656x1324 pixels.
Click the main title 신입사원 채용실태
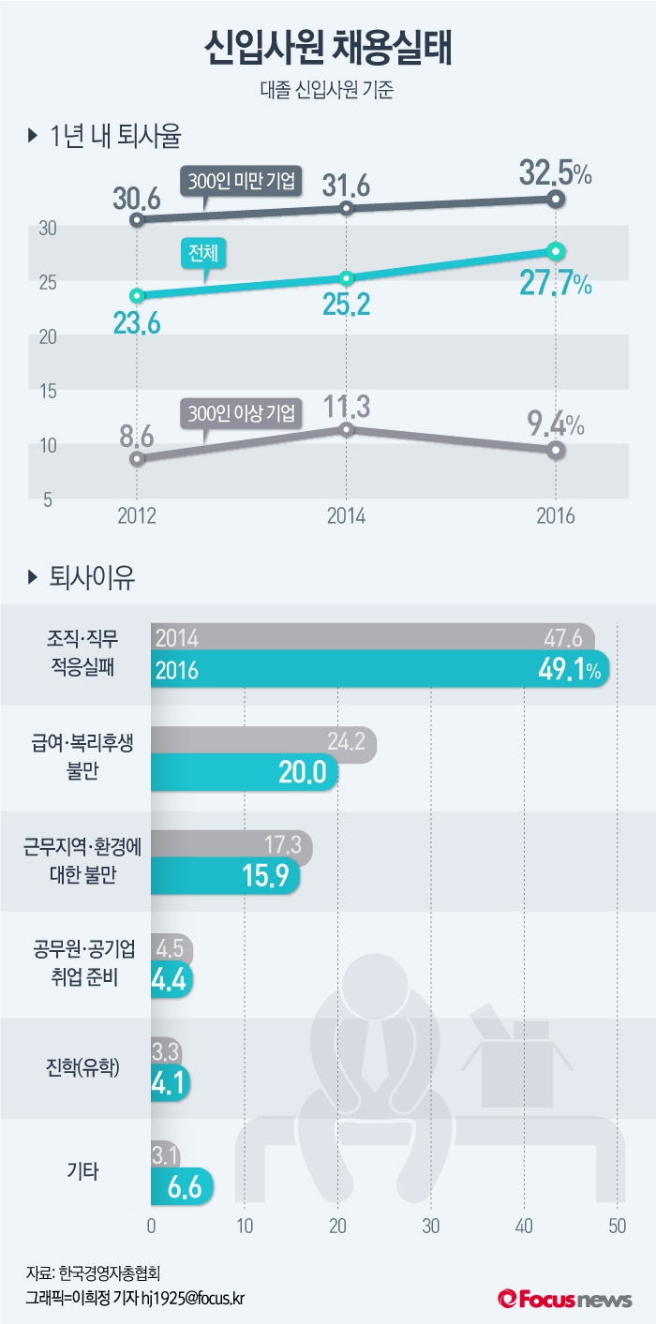click(328, 49)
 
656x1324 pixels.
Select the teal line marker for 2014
click(346, 278)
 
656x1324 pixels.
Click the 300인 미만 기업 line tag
click(242, 182)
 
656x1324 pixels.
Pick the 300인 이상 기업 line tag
click(241, 411)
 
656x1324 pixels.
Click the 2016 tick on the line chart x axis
click(555, 515)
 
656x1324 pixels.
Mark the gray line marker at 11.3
click(346, 429)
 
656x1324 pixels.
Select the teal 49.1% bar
click(380, 671)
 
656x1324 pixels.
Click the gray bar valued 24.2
click(262, 744)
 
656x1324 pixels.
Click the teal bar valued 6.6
click(182, 1187)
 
